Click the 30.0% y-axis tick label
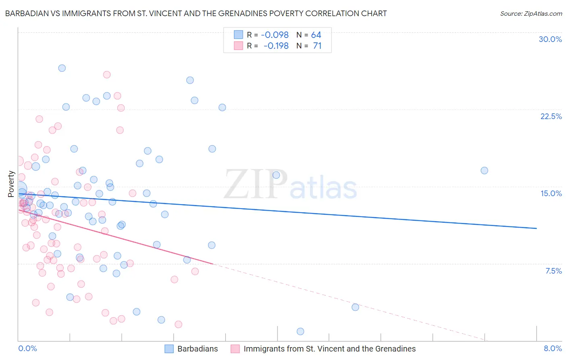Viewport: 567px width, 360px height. coord(550,39)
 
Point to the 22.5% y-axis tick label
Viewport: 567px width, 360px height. coord(551,116)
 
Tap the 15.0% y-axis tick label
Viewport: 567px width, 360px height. coord(551,193)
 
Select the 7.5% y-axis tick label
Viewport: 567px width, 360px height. coord(553,271)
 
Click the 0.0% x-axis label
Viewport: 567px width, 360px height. coord(27,348)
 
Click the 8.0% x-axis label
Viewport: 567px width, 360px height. coord(552,348)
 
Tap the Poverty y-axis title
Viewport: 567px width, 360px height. coord(11,184)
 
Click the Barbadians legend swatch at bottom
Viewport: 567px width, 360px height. coord(169,349)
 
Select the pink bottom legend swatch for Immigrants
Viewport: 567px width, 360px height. coord(235,349)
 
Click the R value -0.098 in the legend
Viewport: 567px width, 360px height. coord(275,35)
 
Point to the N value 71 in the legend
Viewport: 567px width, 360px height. coord(317,46)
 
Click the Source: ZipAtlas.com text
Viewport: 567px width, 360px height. coord(531,14)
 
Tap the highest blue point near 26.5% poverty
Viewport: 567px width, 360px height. coord(62,68)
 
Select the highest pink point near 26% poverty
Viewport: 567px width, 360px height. coord(107,75)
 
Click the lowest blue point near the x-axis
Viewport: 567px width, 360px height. coord(300,331)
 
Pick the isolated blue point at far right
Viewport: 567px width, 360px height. coord(484,170)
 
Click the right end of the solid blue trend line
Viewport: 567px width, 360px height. coord(536,228)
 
